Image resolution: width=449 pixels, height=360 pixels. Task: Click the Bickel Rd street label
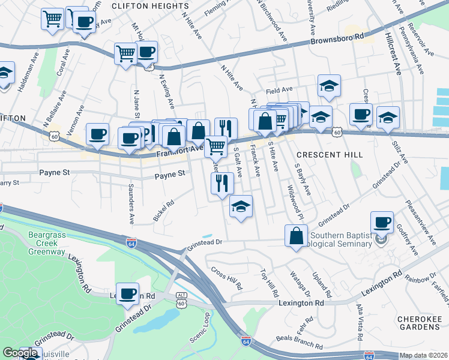pos(163,210)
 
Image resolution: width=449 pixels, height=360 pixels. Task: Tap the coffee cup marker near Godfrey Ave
pos(381,222)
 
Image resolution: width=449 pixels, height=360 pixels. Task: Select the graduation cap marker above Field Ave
pos(329,86)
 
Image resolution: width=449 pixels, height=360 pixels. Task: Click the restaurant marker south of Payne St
pos(222,184)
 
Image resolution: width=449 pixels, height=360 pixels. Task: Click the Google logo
pos(20,353)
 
